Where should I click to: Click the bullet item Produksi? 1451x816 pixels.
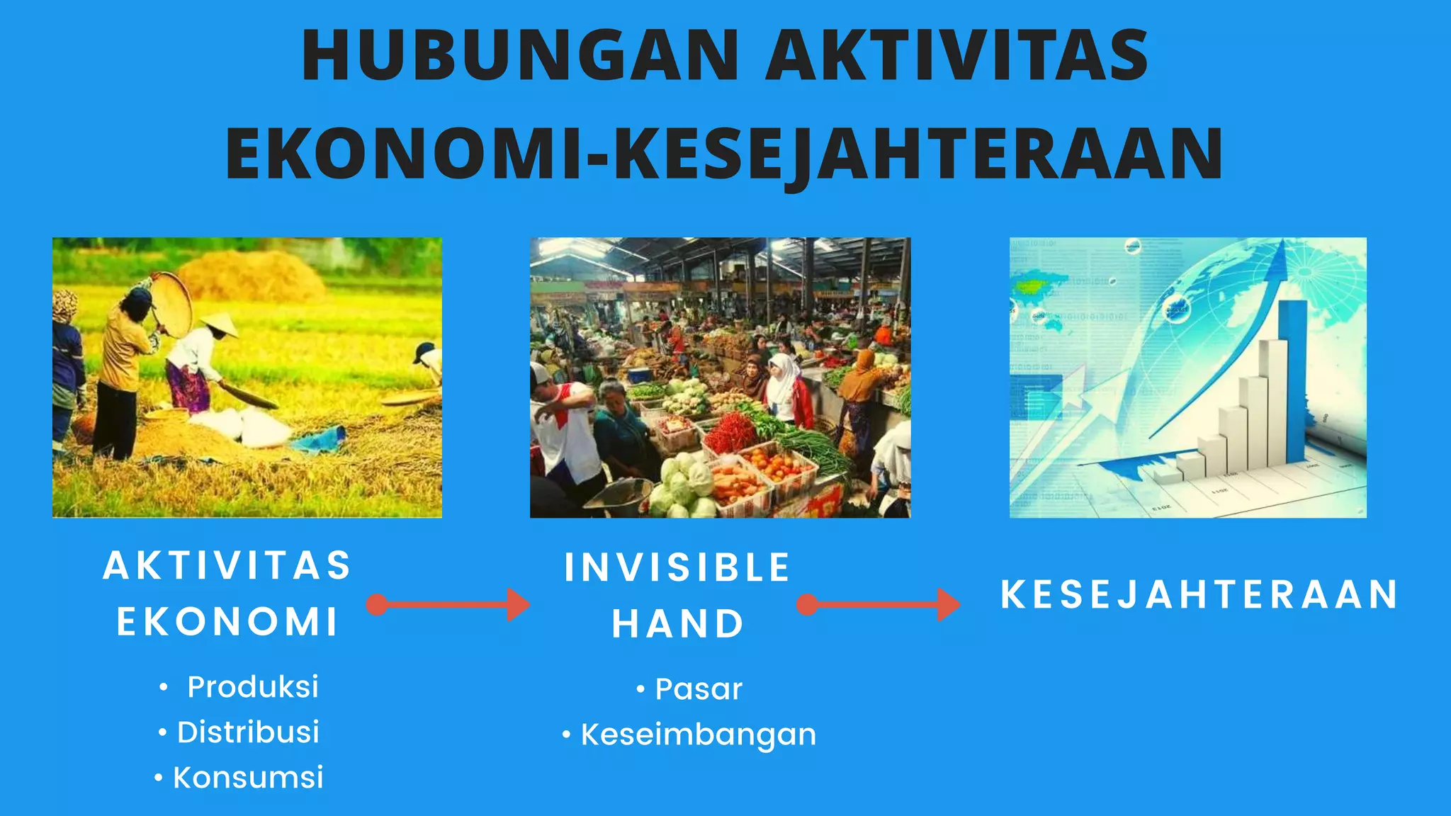pyautogui.click(x=252, y=686)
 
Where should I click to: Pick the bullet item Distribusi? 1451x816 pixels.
pyautogui.click(x=248, y=732)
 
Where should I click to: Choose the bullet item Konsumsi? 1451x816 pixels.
pyautogui.click(x=248, y=777)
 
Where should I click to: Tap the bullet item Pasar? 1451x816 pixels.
pyautogui.click(x=699, y=688)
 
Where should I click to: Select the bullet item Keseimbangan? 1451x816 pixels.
pyautogui.click(x=699, y=735)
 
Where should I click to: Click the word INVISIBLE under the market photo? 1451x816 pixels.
pyautogui.click(x=677, y=567)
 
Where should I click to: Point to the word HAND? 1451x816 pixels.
pyautogui.click(x=678, y=624)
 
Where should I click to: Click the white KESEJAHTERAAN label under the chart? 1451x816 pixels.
pyautogui.click(x=1199, y=594)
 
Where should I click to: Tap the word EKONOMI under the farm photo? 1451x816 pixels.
pyautogui.click(x=227, y=622)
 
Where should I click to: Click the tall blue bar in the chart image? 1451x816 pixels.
pyautogui.click(x=1295, y=382)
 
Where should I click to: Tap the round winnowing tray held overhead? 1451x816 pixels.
pyautogui.click(x=172, y=304)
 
